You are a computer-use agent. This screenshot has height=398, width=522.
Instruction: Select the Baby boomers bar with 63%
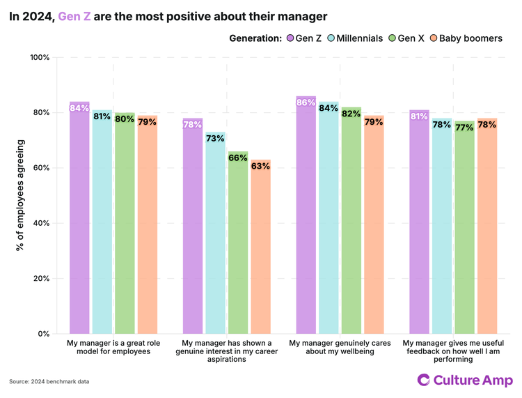(261, 247)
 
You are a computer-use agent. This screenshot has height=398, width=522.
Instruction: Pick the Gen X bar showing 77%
(464, 227)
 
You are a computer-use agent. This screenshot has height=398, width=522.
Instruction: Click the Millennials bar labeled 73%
(215, 233)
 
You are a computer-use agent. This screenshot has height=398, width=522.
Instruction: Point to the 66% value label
(238, 158)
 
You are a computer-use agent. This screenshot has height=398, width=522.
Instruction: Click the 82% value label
(351, 114)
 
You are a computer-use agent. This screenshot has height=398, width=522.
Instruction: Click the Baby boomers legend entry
(466, 38)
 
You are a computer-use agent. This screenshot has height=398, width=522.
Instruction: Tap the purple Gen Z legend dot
(289, 38)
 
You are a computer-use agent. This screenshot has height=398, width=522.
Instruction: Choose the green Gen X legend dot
(391, 38)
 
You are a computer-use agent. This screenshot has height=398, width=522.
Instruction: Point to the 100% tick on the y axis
(40, 57)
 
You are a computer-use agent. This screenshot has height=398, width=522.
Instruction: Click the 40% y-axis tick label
(41, 223)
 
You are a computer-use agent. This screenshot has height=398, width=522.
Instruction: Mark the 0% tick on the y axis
(43, 334)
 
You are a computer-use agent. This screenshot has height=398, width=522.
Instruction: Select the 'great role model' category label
(113, 348)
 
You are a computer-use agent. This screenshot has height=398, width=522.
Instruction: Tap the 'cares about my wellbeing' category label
(340, 348)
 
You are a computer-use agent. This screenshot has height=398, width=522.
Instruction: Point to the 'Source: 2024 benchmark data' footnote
(49, 381)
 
